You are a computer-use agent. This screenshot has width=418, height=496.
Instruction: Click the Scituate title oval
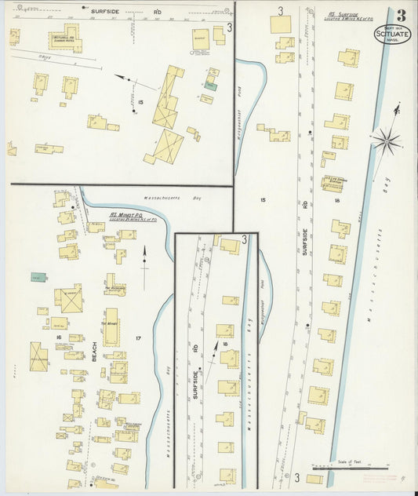[x=392, y=34]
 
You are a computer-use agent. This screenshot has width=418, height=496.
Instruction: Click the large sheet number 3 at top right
[x=402, y=15]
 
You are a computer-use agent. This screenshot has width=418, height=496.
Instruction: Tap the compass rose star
[x=386, y=141]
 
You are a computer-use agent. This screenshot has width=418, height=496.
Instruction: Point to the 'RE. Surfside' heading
[x=343, y=14]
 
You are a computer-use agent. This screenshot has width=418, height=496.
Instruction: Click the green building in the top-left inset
[x=210, y=86]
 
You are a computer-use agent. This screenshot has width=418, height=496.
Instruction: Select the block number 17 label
[x=138, y=338]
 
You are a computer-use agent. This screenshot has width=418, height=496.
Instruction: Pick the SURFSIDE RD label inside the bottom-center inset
[x=193, y=363]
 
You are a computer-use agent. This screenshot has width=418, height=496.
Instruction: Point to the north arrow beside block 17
[x=145, y=264]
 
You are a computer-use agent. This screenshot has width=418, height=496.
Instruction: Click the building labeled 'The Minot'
[x=111, y=326]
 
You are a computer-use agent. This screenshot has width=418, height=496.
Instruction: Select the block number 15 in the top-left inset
[x=140, y=102]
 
